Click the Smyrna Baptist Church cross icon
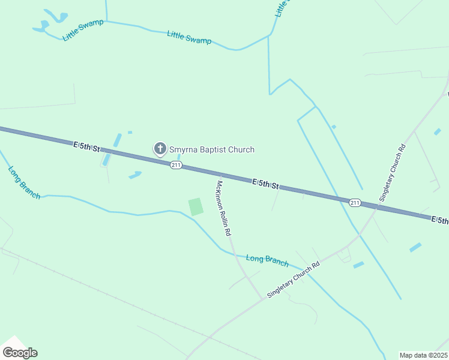[160, 149]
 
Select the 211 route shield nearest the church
[175, 164]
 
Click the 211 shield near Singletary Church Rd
[355, 202]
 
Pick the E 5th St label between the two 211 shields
[266, 183]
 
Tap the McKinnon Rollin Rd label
[223, 208]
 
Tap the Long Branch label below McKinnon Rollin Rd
[267, 261]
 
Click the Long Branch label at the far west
[24, 182]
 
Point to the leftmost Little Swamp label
[83, 30]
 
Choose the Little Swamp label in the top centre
[189, 37]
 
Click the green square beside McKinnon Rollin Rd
[196, 207]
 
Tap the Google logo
[20, 352]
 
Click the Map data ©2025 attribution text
[423, 355]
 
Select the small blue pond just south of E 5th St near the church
[134, 175]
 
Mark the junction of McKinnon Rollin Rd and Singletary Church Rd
[261, 297]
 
